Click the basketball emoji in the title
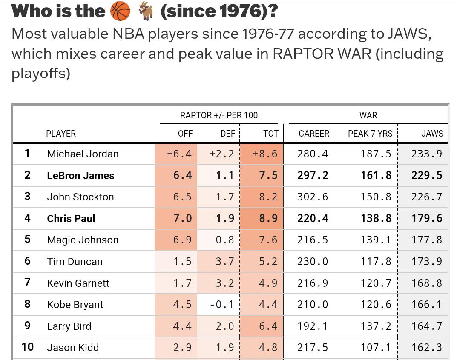[120, 11]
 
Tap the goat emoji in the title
[146, 11]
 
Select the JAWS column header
[432, 134]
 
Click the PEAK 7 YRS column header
[370, 134]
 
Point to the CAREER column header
[314, 134]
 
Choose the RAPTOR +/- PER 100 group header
[219, 115]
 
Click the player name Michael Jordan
[83, 154]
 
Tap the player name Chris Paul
[71, 219]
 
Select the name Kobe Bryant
[75, 305]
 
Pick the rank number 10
[27, 347]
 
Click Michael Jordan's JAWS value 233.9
[427, 154]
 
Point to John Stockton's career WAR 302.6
[313, 197]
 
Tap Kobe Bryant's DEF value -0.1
[222, 305]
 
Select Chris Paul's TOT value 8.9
[268, 219]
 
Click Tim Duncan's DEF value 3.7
[225, 262]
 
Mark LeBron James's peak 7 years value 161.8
[376, 176]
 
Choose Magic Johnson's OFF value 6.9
[182, 240]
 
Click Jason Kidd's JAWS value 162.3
[427, 348]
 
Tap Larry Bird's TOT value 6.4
[268, 326]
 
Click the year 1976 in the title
[239, 11]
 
